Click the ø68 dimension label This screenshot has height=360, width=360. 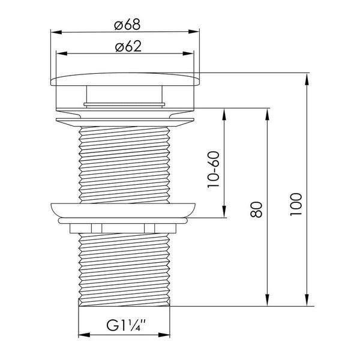[x=127, y=25]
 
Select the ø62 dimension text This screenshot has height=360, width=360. [x=128, y=46]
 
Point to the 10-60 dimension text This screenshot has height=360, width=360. [x=214, y=169]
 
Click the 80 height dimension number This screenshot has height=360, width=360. [x=256, y=209]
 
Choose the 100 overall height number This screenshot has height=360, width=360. [x=296, y=204]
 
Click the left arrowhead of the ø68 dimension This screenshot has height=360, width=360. [x=56, y=32]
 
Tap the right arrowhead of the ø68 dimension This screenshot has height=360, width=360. [x=194, y=32]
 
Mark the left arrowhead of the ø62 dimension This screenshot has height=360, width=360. [x=62, y=53]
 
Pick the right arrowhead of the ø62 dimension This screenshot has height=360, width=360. [x=188, y=53]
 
